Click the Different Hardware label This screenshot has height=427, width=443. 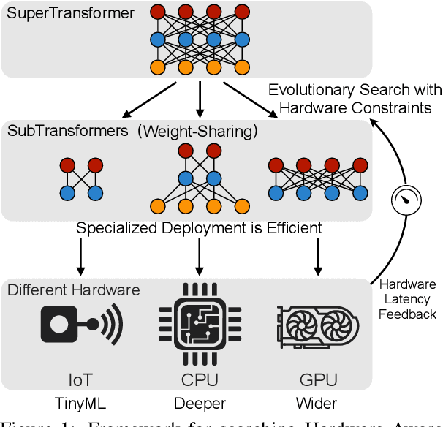(x=73, y=290)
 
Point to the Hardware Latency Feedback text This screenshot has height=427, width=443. (x=407, y=299)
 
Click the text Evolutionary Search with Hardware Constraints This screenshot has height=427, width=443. (x=355, y=98)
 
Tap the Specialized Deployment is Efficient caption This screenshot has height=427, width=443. (x=199, y=228)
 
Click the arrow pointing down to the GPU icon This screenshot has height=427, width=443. (x=317, y=256)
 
